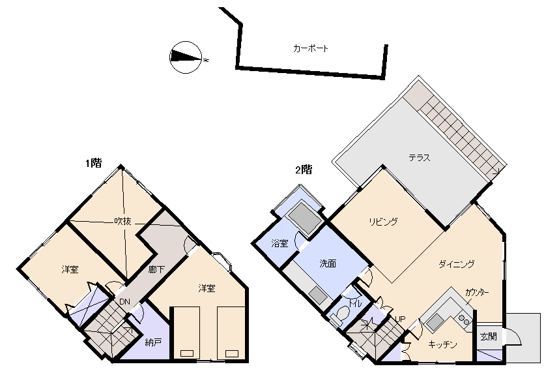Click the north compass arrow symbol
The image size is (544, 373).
185,58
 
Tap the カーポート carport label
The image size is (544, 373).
310,48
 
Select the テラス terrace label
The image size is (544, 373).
420,158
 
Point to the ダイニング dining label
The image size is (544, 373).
456,264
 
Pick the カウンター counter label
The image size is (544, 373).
477,292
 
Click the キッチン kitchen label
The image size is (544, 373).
443,344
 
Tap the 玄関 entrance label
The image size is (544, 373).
488,336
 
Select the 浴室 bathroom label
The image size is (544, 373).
279,244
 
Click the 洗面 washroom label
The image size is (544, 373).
328,264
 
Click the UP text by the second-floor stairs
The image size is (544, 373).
399,319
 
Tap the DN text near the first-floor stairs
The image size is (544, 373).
124,301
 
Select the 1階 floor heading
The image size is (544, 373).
93,164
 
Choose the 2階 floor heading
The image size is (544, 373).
304,170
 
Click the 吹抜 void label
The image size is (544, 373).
122,221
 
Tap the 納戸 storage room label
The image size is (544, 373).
153,342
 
